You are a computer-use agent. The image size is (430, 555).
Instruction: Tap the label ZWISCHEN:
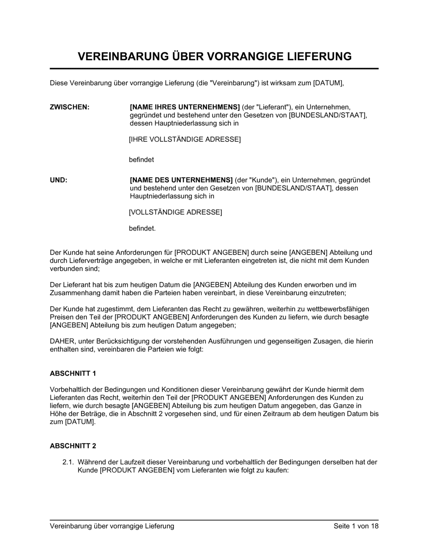tap(70, 107)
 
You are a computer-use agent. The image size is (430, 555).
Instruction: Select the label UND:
tap(58, 180)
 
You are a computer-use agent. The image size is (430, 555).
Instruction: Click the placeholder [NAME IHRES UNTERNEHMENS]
tap(184, 107)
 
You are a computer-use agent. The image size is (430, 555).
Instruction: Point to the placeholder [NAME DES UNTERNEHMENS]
tap(181, 180)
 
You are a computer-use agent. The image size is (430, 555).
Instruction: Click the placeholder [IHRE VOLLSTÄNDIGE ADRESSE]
tap(185, 139)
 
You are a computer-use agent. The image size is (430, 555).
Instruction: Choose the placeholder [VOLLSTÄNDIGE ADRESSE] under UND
tap(175, 212)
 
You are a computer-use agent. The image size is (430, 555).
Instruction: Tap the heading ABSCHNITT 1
tap(73, 373)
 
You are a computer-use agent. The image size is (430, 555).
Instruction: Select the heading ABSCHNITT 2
tap(73, 446)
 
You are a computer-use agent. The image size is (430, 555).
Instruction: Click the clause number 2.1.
tap(68, 462)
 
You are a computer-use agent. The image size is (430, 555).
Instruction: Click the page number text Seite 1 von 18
tap(356, 526)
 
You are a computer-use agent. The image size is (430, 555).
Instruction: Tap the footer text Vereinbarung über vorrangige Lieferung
tap(112, 526)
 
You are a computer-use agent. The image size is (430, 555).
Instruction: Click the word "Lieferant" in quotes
tap(269, 107)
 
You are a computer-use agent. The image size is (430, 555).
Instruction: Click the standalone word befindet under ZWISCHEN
tap(141, 160)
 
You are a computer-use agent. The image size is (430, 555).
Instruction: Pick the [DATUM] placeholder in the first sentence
tap(328, 83)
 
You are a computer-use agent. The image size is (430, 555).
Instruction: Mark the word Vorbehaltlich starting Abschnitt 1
tap(70, 389)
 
